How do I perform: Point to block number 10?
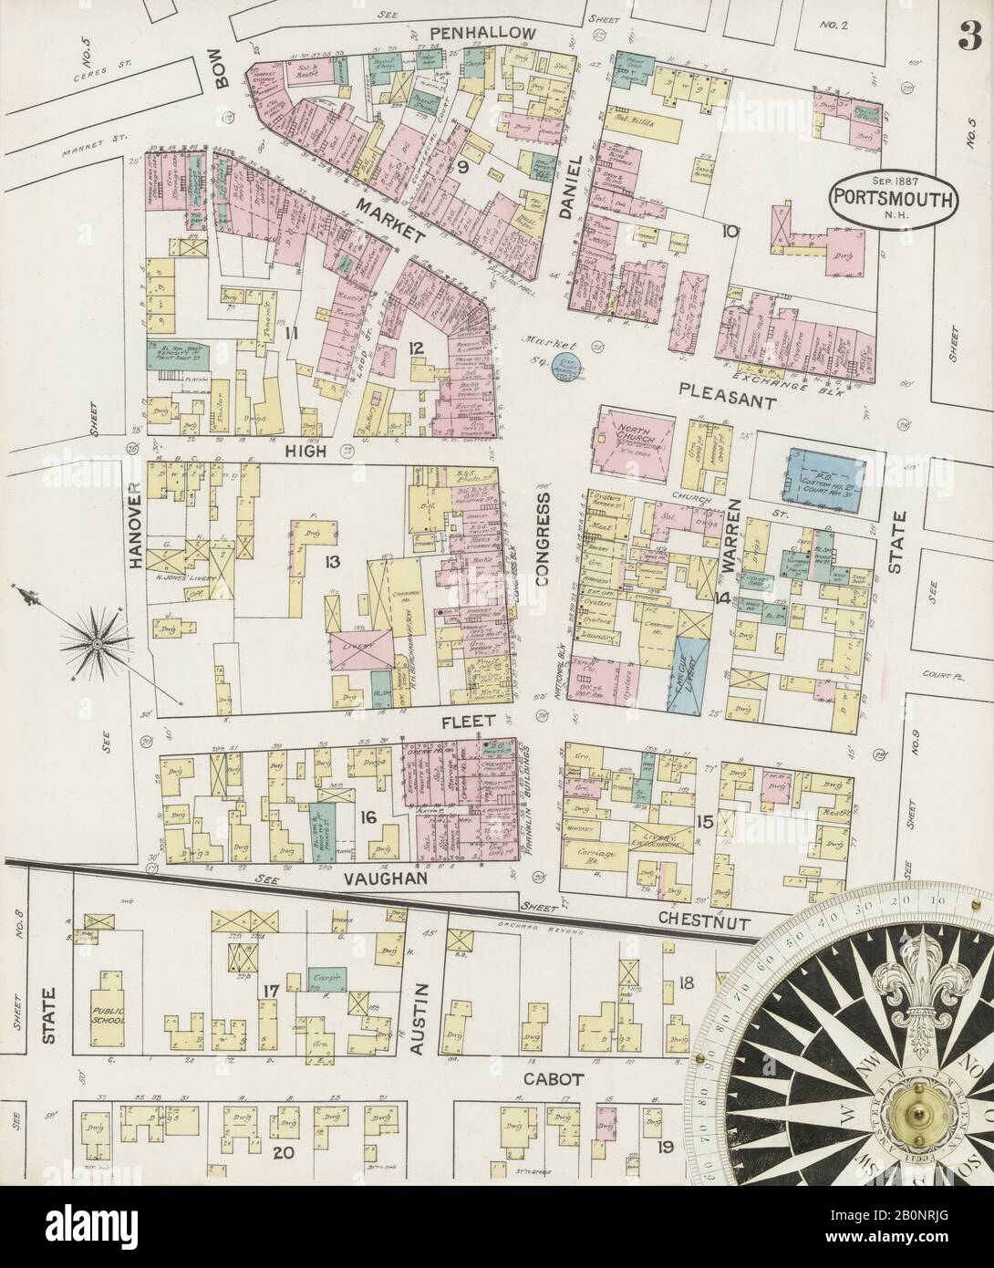(728, 232)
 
